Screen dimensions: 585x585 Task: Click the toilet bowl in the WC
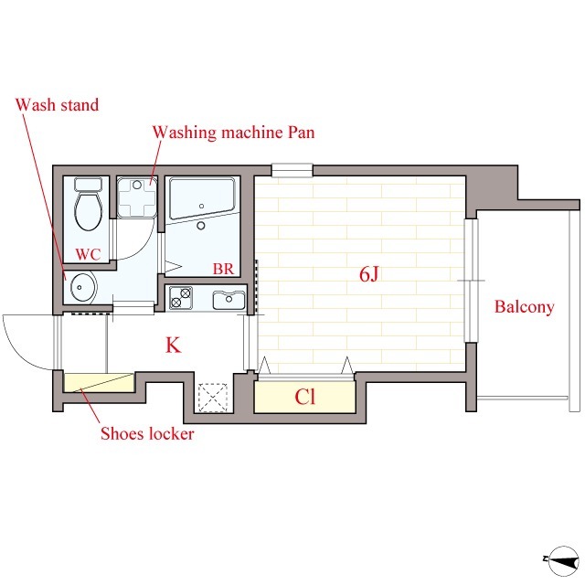click(89, 211)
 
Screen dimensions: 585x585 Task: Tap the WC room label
click(88, 254)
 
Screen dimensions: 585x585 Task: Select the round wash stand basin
click(83, 287)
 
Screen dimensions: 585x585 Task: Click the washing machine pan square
click(136, 197)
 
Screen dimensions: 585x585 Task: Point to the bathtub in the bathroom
click(202, 198)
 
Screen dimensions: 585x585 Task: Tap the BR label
click(223, 269)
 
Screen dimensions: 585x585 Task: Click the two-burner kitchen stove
click(181, 297)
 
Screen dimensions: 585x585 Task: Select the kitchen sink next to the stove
click(229, 300)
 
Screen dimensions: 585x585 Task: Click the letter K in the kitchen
click(173, 346)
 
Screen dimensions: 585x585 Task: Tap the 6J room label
click(368, 274)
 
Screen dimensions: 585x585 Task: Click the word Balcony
click(524, 307)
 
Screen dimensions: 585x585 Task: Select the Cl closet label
click(304, 397)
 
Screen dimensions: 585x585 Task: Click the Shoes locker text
click(147, 433)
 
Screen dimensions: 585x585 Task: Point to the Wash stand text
click(57, 105)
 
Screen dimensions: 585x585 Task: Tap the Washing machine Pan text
click(234, 133)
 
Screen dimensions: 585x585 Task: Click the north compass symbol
click(563, 559)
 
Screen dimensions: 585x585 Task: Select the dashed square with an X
click(213, 398)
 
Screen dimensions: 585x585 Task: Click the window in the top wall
click(292, 170)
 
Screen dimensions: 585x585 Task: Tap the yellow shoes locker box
click(99, 382)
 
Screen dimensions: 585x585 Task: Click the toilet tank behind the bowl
click(89, 185)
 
